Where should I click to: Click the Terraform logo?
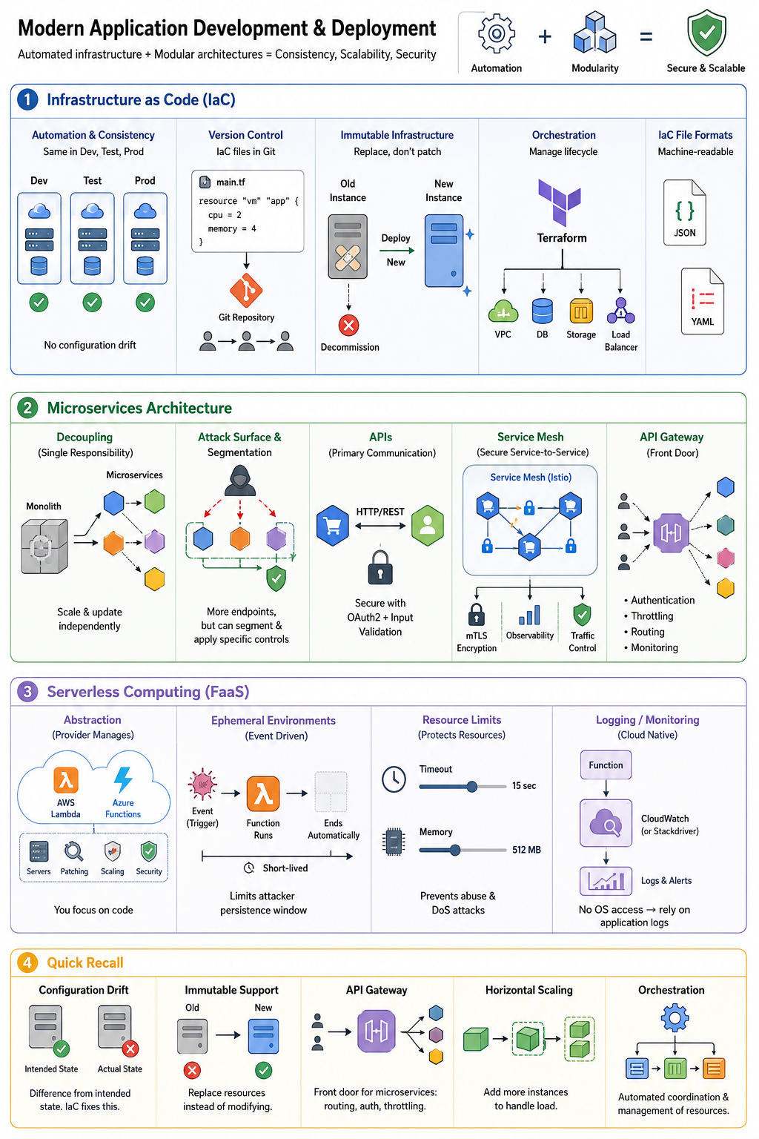coord(559,202)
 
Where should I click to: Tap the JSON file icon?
coord(684,213)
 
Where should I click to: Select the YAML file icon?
coord(702,301)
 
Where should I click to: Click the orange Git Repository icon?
coord(246,291)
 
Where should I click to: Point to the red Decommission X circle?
coord(349,326)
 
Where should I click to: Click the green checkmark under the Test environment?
coord(92,303)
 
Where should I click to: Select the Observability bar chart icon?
coord(529,615)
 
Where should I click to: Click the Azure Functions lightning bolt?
coord(123,779)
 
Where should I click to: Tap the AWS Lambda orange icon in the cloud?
coord(66,780)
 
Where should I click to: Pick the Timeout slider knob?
coord(471,787)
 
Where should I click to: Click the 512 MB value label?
coord(526,850)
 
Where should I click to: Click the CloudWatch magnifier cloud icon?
coord(606,822)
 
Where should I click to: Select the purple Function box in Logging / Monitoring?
coord(606,765)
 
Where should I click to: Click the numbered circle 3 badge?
coord(27,692)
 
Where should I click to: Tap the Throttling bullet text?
coord(652,615)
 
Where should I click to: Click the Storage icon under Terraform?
coord(581,311)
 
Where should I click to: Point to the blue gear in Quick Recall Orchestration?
coord(675,1017)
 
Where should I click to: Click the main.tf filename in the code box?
coord(231,182)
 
